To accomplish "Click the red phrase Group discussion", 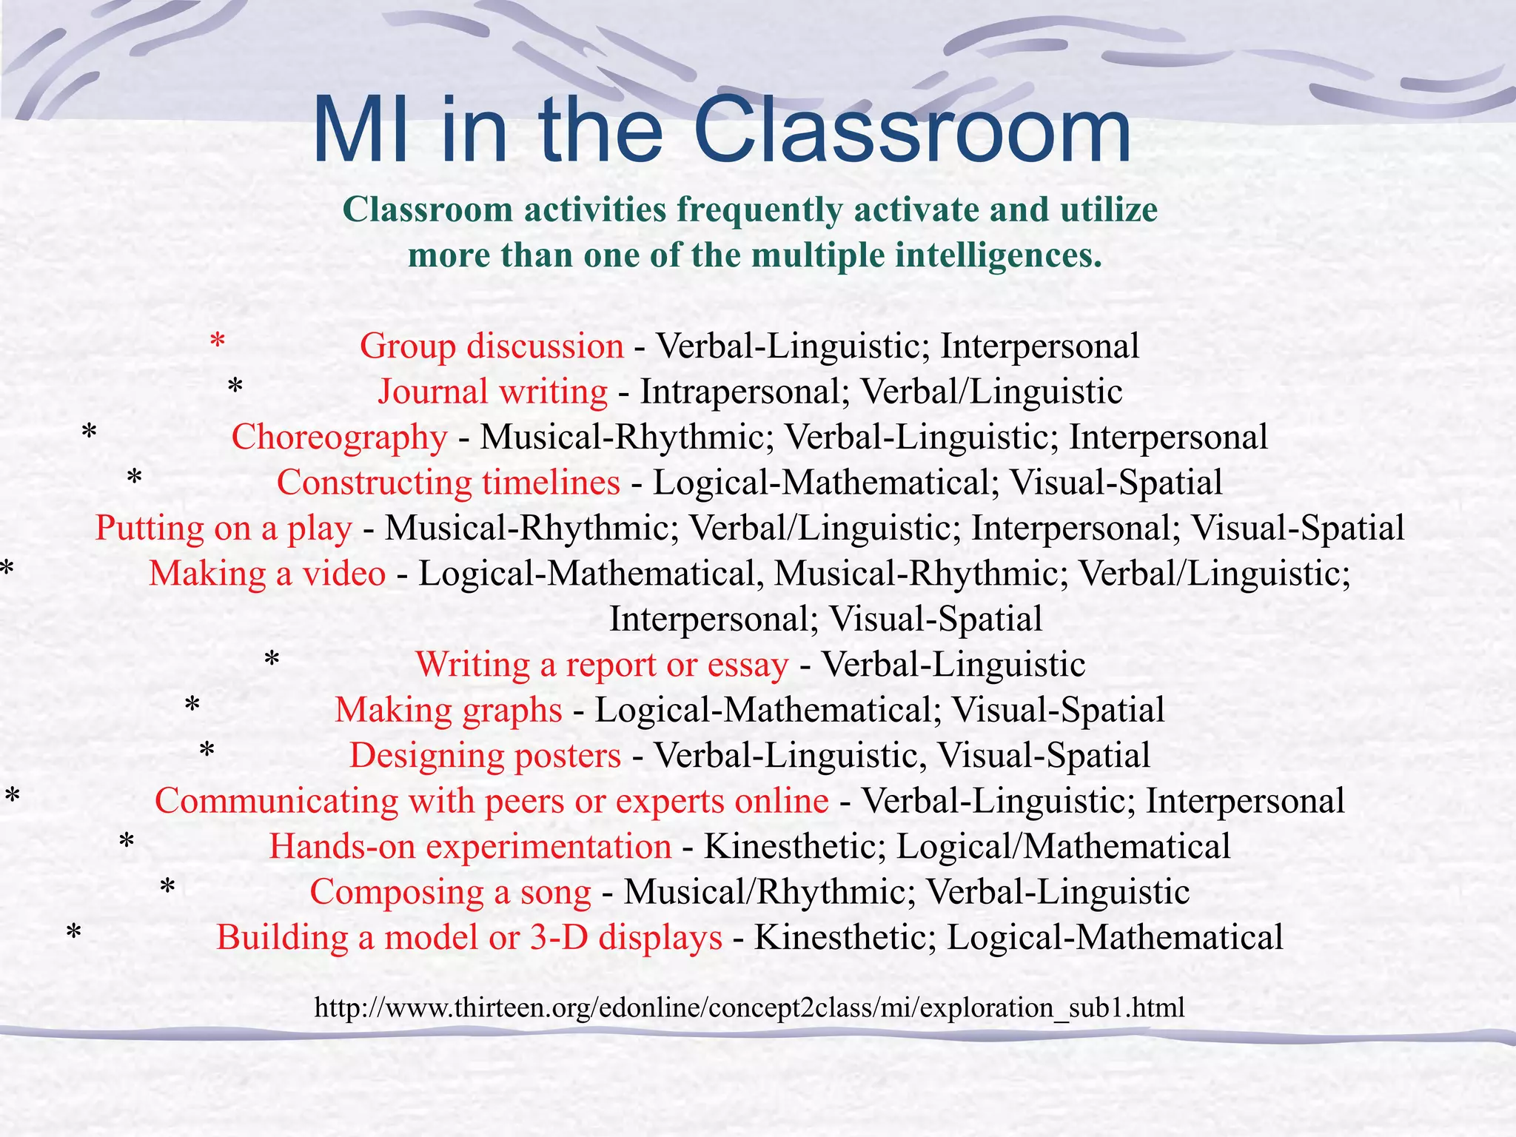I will click(x=492, y=346).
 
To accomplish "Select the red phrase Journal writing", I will click(x=492, y=392).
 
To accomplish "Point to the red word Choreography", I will click(x=339, y=437).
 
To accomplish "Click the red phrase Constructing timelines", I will click(x=448, y=483).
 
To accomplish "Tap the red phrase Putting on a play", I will click(x=224, y=529).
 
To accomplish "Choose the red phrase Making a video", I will click(x=267, y=574).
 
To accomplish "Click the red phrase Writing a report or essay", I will click(x=602, y=665).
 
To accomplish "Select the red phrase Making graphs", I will click(x=448, y=710).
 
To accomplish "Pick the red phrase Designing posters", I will click(x=485, y=756).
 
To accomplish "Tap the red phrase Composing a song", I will click(x=450, y=892).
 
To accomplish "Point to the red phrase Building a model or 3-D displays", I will click(x=469, y=938).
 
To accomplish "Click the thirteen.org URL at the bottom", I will click(x=749, y=1007).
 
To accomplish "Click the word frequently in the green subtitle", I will click(x=759, y=209).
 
